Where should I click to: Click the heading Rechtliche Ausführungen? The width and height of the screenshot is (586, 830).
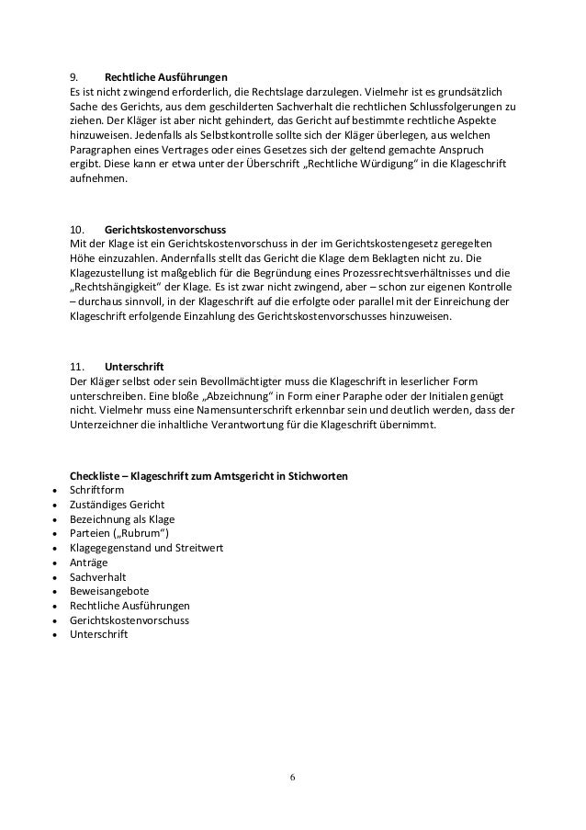166,76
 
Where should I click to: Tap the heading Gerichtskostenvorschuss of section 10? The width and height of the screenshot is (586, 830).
165,228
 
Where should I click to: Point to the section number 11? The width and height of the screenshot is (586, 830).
79,366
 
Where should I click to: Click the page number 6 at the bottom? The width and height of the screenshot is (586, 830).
293,777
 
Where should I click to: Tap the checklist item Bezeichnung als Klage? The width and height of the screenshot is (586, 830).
122,518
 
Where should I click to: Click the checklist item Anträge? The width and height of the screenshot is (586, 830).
88,563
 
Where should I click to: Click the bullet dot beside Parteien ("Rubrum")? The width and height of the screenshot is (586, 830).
57,534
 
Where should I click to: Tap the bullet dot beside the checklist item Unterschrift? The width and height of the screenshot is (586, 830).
57,635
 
